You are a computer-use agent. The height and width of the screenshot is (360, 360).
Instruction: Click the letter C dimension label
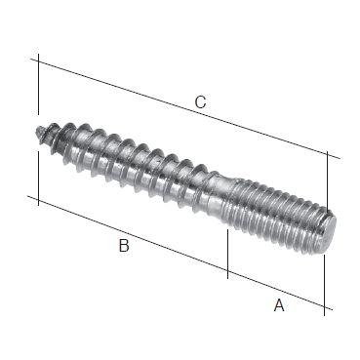tap(200, 101)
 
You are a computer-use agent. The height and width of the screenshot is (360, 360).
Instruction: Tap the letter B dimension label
tap(124, 246)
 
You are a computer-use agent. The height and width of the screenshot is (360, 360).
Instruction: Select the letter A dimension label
tap(278, 305)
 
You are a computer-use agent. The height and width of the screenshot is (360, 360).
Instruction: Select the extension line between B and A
tap(227, 249)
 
